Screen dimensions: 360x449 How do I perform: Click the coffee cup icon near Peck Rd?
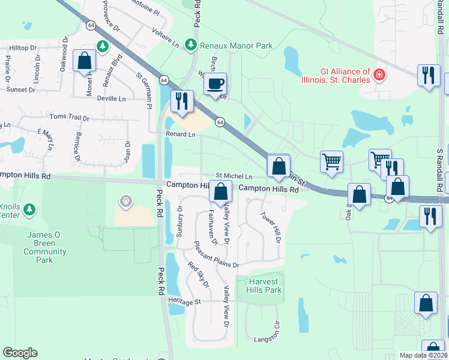coord(216,84)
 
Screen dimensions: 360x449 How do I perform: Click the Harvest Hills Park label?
coord(264,286)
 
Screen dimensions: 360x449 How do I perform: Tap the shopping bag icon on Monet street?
coord(85,61)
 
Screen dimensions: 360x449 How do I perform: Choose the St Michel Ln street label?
coord(234,176)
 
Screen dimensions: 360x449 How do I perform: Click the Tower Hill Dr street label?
coord(270,226)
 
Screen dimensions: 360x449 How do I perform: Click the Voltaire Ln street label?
coord(166,37)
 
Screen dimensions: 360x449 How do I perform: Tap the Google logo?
coord(20,353)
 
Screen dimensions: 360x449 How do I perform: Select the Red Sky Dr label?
coord(199,275)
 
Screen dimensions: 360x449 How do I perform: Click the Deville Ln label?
coord(112,98)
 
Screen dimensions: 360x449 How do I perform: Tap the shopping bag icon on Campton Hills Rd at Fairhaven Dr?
coord(221,191)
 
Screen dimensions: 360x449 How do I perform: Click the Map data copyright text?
coord(422,355)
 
